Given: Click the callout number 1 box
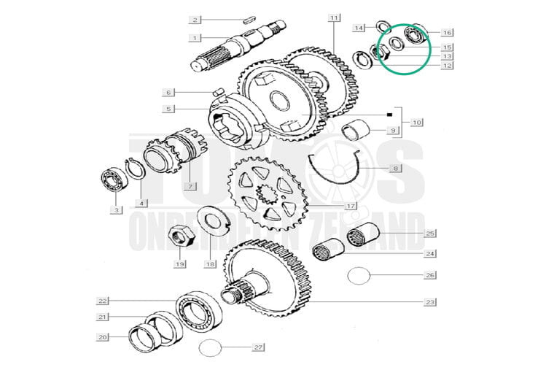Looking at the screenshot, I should click(x=195, y=37).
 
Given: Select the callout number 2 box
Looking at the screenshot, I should click(x=195, y=20).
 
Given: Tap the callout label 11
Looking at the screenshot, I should click(x=334, y=17).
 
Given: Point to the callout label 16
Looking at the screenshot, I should click(x=447, y=32).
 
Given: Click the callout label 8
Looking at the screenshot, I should click(x=397, y=169).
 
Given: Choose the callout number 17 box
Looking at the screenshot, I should click(x=351, y=207).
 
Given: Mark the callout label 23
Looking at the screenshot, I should click(x=430, y=301).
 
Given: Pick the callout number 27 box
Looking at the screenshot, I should click(x=257, y=347).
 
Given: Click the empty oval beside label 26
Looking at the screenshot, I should click(x=359, y=276).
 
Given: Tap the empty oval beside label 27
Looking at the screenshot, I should click(x=211, y=347).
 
